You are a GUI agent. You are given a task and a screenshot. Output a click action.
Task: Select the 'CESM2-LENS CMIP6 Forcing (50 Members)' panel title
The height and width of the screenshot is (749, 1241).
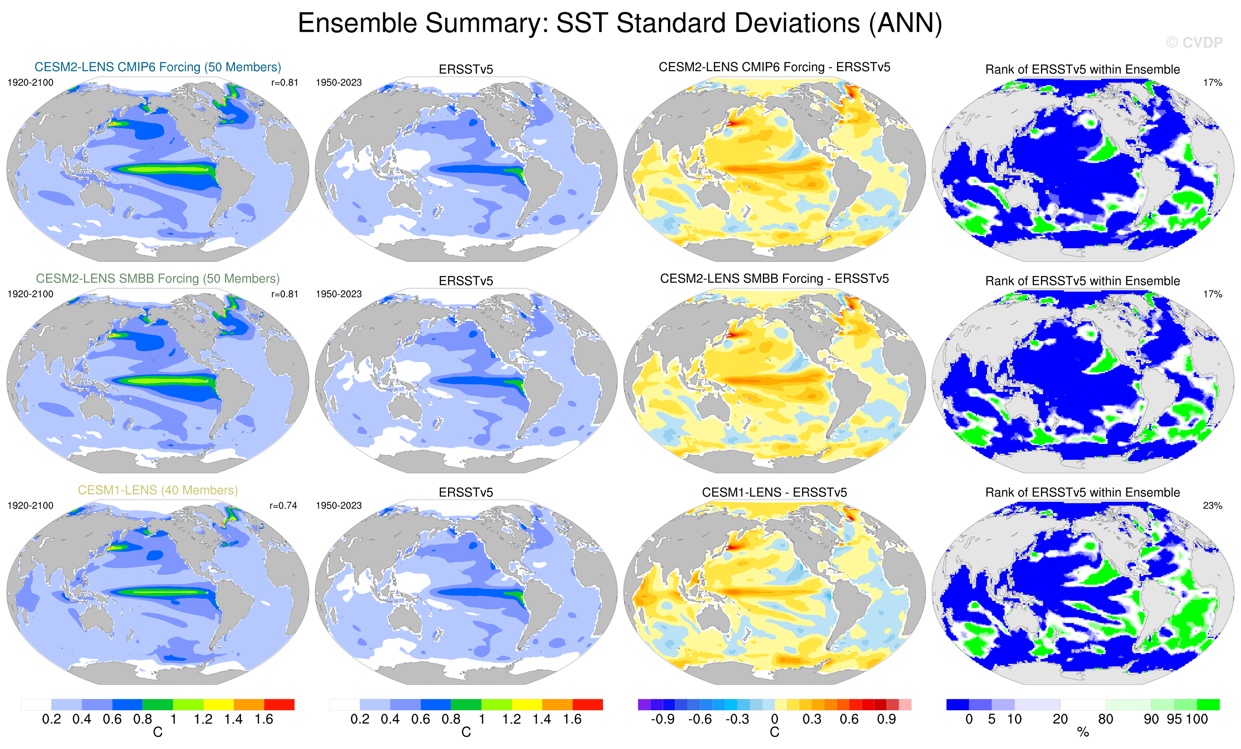click(158, 67)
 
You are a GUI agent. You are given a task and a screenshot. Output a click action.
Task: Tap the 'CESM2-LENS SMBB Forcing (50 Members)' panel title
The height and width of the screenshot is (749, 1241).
click(158, 279)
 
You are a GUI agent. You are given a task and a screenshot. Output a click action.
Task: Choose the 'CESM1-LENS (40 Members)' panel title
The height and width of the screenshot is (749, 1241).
click(158, 490)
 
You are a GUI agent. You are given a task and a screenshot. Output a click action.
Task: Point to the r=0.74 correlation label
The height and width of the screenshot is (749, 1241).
click(284, 505)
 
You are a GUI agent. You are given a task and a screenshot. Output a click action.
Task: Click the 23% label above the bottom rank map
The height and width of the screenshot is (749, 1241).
click(1212, 505)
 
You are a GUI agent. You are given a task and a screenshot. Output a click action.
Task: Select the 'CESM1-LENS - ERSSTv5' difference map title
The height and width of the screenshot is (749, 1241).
click(774, 492)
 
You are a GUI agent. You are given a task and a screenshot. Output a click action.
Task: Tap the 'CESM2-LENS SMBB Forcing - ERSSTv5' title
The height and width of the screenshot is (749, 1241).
click(774, 279)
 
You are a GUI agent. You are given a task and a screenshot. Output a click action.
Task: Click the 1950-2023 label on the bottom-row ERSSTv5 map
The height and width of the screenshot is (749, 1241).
click(338, 505)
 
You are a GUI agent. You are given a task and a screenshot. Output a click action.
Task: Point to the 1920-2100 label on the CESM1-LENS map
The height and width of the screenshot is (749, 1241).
click(30, 505)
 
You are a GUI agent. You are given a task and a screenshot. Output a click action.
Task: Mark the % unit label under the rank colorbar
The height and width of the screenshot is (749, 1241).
click(1083, 733)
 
